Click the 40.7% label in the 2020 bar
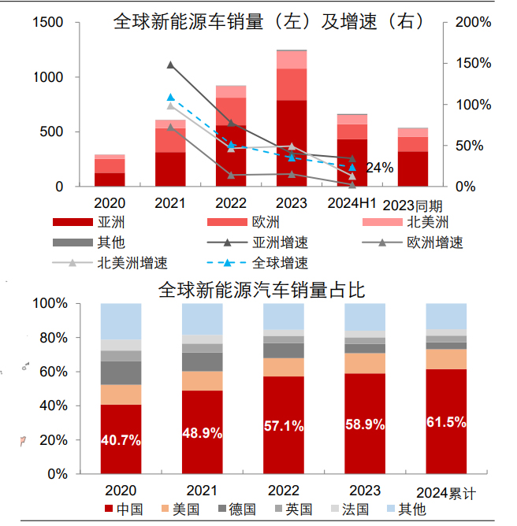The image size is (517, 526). pyautogui.click(x=121, y=440)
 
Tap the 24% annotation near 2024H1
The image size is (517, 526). pyautogui.click(x=379, y=167)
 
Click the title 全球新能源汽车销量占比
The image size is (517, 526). pyautogui.click(x=261, y=291)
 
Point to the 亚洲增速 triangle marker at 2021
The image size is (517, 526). pyautogui.click(x=170, y=65)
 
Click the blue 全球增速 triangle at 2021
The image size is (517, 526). pyautogui.click(x=170, y=98)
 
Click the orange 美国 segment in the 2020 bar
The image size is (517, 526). pyautogui.click(x=121, y=394)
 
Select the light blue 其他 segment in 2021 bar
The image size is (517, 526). pyautogui.click(x=203, y=318)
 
